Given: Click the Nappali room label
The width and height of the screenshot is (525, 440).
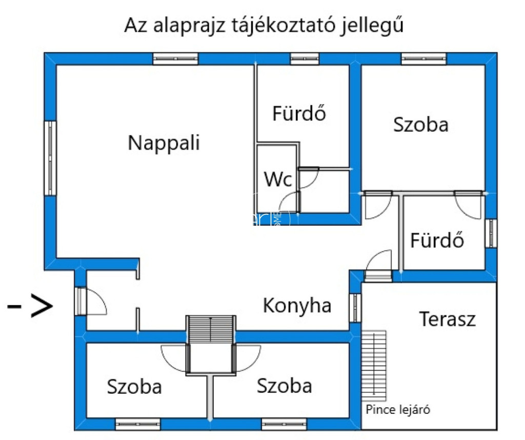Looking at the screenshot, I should (164, 143).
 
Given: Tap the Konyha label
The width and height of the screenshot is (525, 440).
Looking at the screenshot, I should (297, 306).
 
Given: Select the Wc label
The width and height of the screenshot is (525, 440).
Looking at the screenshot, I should (278, 179).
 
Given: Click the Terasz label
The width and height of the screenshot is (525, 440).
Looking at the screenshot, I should (448, 319).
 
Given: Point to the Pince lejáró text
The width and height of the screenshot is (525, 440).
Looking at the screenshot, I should (397, 410).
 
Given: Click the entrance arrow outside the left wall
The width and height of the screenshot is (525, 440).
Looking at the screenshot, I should (31, 307).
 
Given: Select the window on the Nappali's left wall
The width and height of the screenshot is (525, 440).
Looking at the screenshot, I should (50, 158).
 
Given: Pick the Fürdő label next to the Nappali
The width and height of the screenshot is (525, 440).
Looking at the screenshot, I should (299, 113).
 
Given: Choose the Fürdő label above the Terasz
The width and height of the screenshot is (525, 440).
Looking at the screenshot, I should (437, 240).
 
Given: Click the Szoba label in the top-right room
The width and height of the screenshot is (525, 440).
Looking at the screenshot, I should (421, 125).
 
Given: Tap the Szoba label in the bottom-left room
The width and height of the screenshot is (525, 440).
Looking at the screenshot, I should (134, 387).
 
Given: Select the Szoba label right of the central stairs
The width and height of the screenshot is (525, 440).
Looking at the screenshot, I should (284, 386).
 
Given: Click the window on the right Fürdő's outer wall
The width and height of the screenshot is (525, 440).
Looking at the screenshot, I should (491, 233).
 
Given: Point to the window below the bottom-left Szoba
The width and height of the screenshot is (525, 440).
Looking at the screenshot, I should (137, 424).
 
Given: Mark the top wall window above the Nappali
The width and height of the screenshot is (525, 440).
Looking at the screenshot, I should (175, 58).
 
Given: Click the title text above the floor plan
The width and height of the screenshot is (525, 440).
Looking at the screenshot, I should (264, 25).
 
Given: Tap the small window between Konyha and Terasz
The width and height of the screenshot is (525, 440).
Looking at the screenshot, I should (355, 308).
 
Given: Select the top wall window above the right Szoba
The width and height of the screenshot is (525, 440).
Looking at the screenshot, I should (423, 58).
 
